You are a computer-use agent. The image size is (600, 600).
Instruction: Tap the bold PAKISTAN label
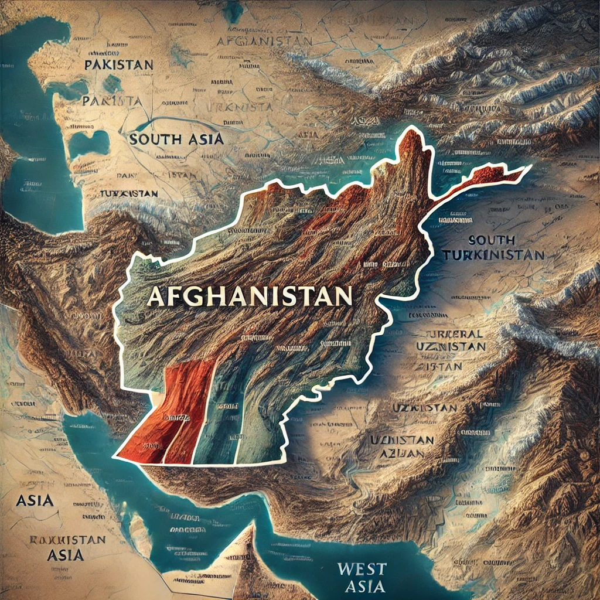118,64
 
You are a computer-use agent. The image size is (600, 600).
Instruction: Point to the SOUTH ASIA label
176,139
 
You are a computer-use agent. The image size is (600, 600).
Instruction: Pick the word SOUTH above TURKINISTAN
492,240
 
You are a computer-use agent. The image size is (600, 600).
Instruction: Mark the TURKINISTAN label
493,255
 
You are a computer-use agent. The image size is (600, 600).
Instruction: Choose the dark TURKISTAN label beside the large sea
129,193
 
